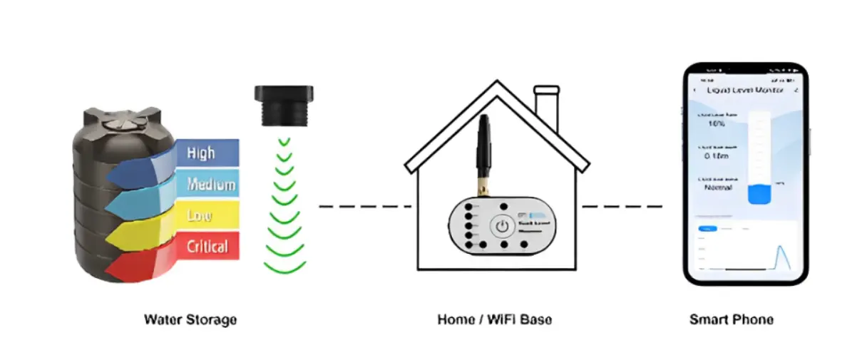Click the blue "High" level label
coord(201,153)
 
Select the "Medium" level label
coord(210,185)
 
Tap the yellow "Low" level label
coord(200,215)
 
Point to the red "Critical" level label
coord(207,247)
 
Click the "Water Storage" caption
coord(190,319)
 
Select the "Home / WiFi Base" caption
coord(494,319)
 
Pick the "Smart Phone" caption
coord(731,319)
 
